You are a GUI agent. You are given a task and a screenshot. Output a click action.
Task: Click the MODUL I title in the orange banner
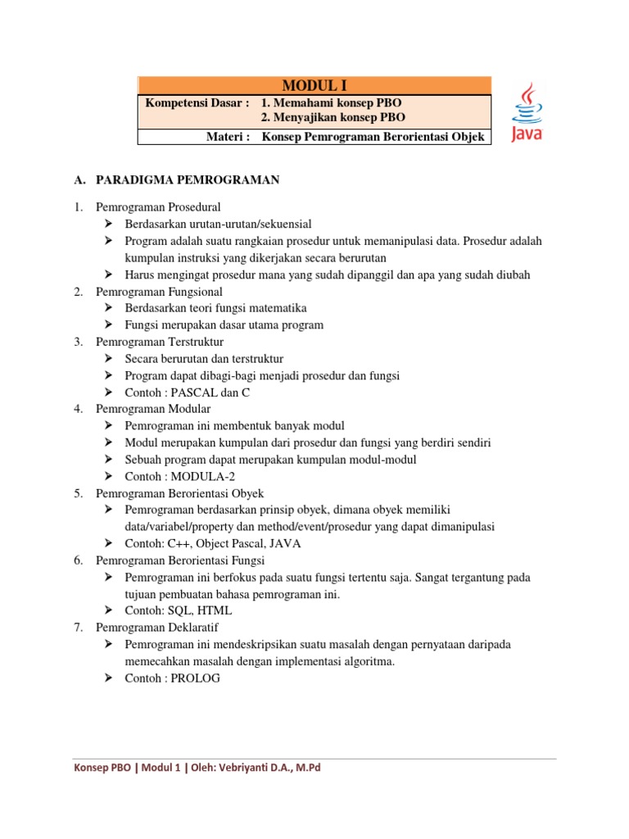coord(314,85)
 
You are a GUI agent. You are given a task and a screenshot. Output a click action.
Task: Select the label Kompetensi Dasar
coord(196,102)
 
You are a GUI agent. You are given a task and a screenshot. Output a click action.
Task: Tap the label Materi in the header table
coord(228,137)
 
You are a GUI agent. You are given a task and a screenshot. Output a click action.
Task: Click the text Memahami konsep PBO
coord(338,102)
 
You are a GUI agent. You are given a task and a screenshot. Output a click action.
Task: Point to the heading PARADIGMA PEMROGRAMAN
coord(188,180)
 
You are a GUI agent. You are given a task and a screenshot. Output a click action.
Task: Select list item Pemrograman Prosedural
coord(158,206)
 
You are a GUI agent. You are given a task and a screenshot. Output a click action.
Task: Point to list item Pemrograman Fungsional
coord(159,291)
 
